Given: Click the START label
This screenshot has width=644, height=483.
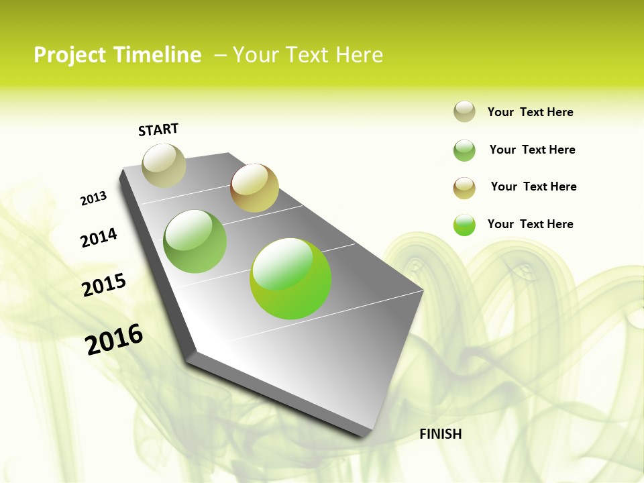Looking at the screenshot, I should pyautogui.click(x=158, y=129).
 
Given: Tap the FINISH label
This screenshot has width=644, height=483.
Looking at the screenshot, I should pyautogui.click(x=440, y=434).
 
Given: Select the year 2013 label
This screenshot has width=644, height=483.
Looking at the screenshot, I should pyautogui.click(x=93, y=199).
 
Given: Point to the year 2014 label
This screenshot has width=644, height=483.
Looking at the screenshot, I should pyautogui.click(x=99, y=237).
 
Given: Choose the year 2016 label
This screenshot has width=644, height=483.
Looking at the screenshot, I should pyautogui.click(x=114, y=339).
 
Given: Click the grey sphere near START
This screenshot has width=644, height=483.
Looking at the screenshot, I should pyautogui.click(x=164, y=165).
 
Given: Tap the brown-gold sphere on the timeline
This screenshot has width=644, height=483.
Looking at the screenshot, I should pyautogui.click(x=254, y=188).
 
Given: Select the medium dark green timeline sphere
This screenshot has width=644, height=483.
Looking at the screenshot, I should pyautogui.click(x=195, y=241).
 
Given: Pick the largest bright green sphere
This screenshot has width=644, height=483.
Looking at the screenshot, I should pyautogui.click(x=290, y=278).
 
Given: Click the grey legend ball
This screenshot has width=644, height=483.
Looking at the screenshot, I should pyautogui.click(x=464, y=111).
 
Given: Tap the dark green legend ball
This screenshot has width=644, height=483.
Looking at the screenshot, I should pyautogui.click(x=464, y=150).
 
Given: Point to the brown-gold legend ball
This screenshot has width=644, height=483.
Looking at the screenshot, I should pyautogui.click(x=464, y=188).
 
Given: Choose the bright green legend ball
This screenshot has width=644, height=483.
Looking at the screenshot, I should pyautogui.click(x=464, y=225).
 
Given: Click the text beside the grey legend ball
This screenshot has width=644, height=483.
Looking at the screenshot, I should pyautogui.click(x=530, y=113).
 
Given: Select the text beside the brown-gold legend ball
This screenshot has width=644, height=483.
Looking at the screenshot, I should pyautogui.click(x=533, y=186).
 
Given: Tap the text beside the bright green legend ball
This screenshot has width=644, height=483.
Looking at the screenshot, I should pyautogui.click(x=530, y=224).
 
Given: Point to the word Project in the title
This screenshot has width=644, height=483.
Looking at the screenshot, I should pyautogui.click(x=70, y=55).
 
